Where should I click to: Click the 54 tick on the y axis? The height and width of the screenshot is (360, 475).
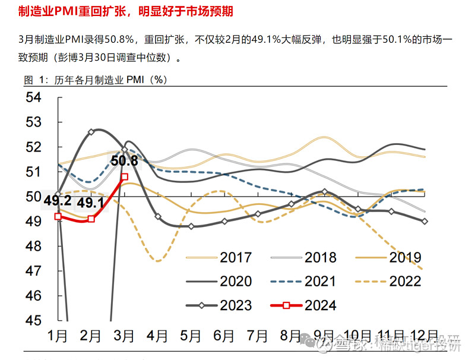[33, 97]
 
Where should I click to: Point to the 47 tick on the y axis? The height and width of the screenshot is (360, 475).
[33, 271]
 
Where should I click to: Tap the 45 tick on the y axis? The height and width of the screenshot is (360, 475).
[33, 320]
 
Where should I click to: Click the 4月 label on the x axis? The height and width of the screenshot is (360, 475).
[158, 336]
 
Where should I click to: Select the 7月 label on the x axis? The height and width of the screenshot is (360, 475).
[258, 336]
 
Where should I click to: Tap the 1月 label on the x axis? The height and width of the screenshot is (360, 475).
[58, 336]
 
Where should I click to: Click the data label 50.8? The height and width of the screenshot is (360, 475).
[124, 161]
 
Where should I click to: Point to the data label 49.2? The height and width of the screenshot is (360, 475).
[58, 201]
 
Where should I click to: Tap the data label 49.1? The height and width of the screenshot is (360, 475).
[91, 203]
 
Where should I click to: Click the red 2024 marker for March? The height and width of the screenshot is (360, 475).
[124, 176]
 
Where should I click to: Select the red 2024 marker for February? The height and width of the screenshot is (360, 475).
[91, 219]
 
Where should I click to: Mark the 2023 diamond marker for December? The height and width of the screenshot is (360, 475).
[441, 221]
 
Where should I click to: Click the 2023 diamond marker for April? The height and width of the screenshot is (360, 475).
[158, 216]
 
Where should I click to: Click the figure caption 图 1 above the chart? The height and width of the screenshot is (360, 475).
[95, 80]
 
